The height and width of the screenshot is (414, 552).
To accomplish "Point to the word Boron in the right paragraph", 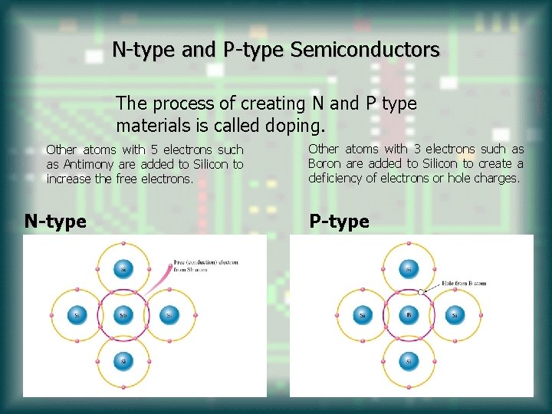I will (324, 163).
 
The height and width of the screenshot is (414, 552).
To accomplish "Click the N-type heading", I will (55, 222).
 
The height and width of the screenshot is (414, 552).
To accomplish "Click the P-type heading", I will (339, 222).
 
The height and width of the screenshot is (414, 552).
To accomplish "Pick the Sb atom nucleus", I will (123, 315).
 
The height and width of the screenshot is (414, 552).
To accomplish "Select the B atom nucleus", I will (409, 315).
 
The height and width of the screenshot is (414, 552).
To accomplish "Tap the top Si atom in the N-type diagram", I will (123, 269).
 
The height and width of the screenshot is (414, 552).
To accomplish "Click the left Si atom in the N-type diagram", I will (77, 315).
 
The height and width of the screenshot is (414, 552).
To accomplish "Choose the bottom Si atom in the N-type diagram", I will (123, 360).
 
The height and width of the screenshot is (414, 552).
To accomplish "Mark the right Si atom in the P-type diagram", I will (455, 315).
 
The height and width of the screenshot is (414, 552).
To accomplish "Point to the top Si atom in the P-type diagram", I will (409, 269).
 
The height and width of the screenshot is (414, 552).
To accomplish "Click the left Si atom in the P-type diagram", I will (363, 315).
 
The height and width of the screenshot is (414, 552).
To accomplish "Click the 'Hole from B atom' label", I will (464, 283).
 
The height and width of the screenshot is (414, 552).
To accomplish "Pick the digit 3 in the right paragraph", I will (418, 149).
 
